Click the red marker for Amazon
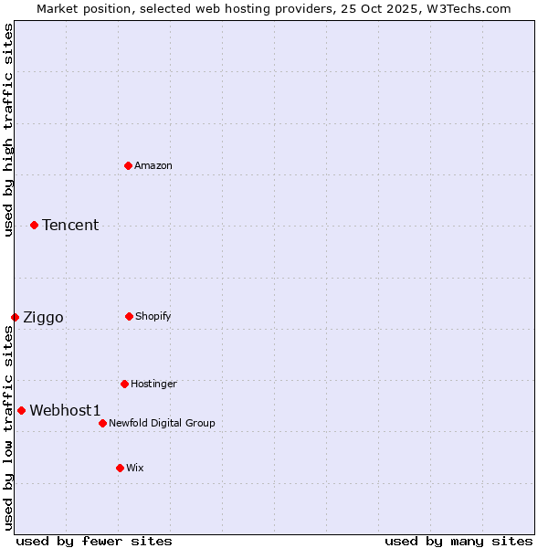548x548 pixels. (128, 165)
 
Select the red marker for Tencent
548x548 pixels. (34, 225)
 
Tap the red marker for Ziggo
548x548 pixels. (15, 317)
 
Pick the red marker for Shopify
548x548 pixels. (129, 316)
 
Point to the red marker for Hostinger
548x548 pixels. (124, 384)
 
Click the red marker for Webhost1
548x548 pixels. (21, 410)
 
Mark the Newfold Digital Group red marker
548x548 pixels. (102, 423)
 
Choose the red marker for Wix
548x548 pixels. (120, 468)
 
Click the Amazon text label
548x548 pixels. (153, 165)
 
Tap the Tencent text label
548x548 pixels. (70, 225)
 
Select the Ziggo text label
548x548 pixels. (43, 317)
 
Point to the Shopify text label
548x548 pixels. (153, 316)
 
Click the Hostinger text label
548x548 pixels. (153, 384)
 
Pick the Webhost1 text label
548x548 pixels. (65, 410)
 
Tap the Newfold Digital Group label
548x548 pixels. (162, 423)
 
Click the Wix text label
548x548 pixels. (135, 468)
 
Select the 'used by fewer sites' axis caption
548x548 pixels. (94, 541)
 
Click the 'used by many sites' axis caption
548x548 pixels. (458, 541)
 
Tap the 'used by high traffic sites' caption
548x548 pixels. (8, 130)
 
